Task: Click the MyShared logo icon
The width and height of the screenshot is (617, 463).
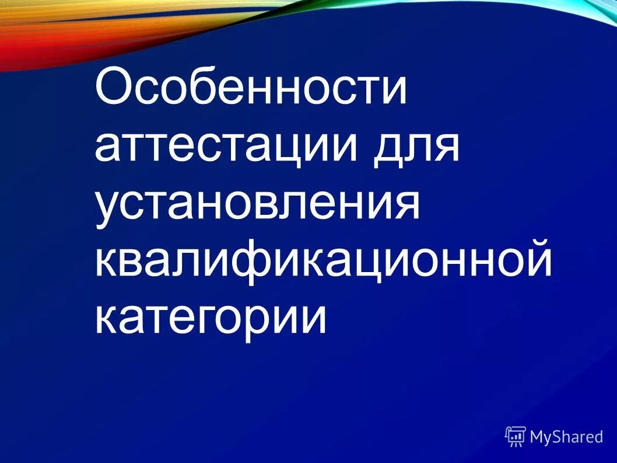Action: (515, 436)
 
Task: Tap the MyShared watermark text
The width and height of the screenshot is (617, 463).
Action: (566, 436)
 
